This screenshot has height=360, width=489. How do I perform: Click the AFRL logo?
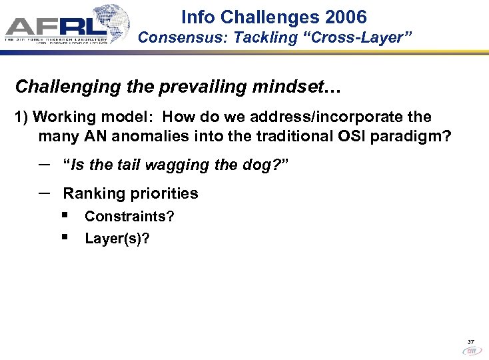coord(67,25)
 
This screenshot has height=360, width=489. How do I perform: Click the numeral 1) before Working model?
coord(21,117)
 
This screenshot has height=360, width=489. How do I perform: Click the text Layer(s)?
coord(117,238)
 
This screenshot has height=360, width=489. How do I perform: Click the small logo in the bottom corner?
coord(471,349)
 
